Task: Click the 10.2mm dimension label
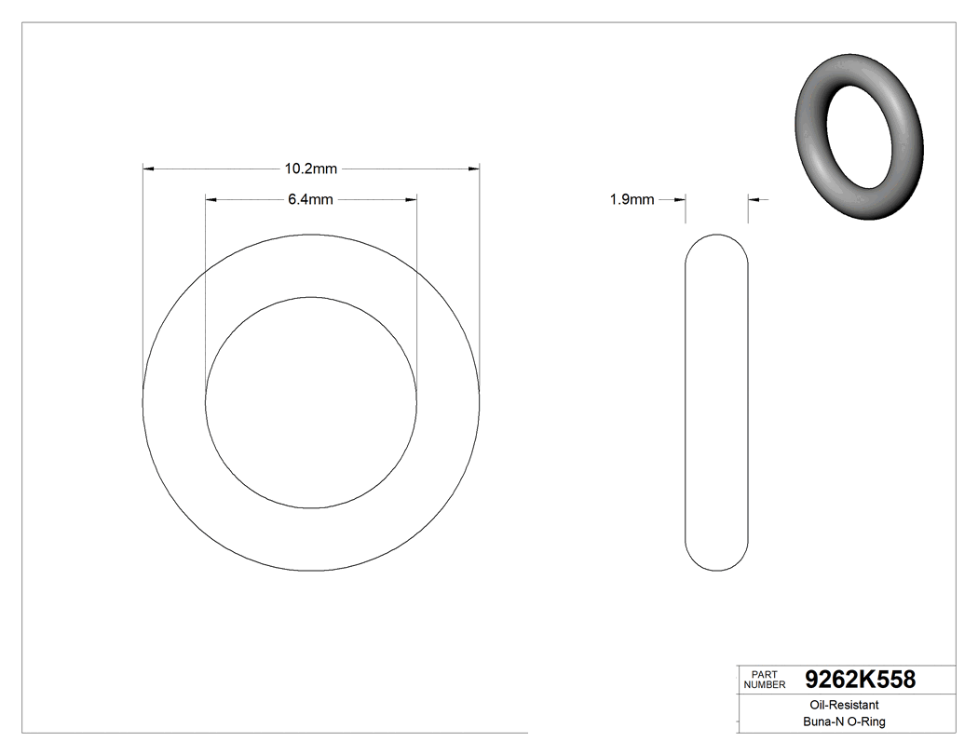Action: tap(310, 169)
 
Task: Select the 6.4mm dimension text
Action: tap(310, 199)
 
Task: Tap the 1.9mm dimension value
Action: tap(632, 199)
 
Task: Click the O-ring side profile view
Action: tap(716, 402)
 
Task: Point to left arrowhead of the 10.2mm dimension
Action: tap(147, 169)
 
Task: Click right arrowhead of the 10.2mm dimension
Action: tap(474, 169)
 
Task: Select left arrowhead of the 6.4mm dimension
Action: tap(211, 199)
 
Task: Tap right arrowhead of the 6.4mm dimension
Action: tap(411, 199)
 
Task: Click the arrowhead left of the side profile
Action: tap(680, 199)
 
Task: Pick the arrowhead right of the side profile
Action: tap(754, 199)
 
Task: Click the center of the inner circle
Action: tap(311, 402)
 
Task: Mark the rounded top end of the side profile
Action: tap(716, 244)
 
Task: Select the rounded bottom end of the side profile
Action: tap(716, 560)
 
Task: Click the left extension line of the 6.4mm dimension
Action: tap(205, 298)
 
